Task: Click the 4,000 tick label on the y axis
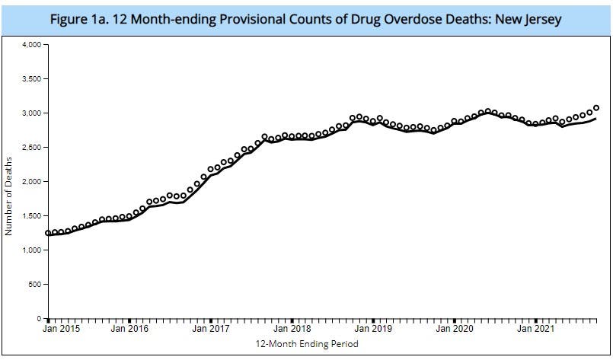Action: (x=31, y=45)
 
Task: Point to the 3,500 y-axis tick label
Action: (x=31, y=79)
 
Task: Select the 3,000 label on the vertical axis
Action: (x=31, y=113)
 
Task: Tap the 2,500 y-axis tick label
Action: (x=31, y=148)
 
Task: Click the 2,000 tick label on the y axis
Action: (x=31, y=182)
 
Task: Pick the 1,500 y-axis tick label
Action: (x=31, y=216)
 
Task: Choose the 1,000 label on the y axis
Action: (x=31, y=250)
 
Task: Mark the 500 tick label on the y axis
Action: (x=34, y=285)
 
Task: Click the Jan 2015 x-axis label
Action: (x=60, y=330)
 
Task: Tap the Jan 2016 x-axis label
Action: (x=129, y=330)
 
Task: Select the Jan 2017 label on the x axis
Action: (x=211, y=330)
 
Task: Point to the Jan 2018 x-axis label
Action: (x=292, y=330)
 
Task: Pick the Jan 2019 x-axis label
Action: (x=373, y=330)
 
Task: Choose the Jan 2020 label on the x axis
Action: (x=455, y=330)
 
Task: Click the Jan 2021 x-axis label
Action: (x=536, y=330)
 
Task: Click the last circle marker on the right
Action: (x=596, y=108)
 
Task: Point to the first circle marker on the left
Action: (x=48, y=233)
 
